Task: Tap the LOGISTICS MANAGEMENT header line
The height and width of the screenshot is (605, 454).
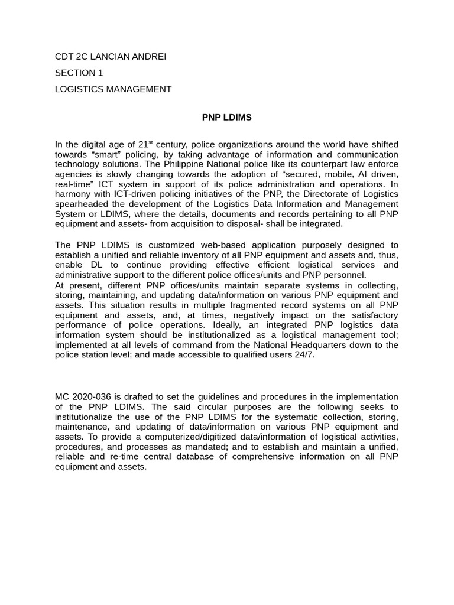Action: click(x=113, y=89)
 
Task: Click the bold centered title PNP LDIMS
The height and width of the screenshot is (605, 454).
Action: click(x=226, y=118)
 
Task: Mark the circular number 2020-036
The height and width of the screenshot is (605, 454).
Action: click(x=92, y=396)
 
